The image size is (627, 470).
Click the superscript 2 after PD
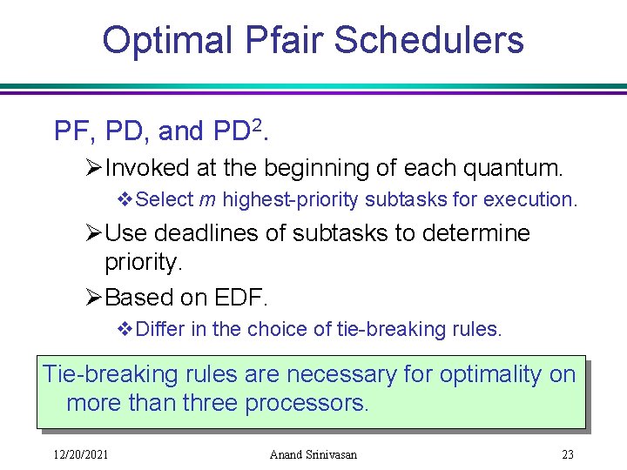point(256,127)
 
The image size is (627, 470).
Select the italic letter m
point(207,199)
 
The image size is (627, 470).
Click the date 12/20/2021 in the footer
point(73,453)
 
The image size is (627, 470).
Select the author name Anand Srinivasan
point(313,453)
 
